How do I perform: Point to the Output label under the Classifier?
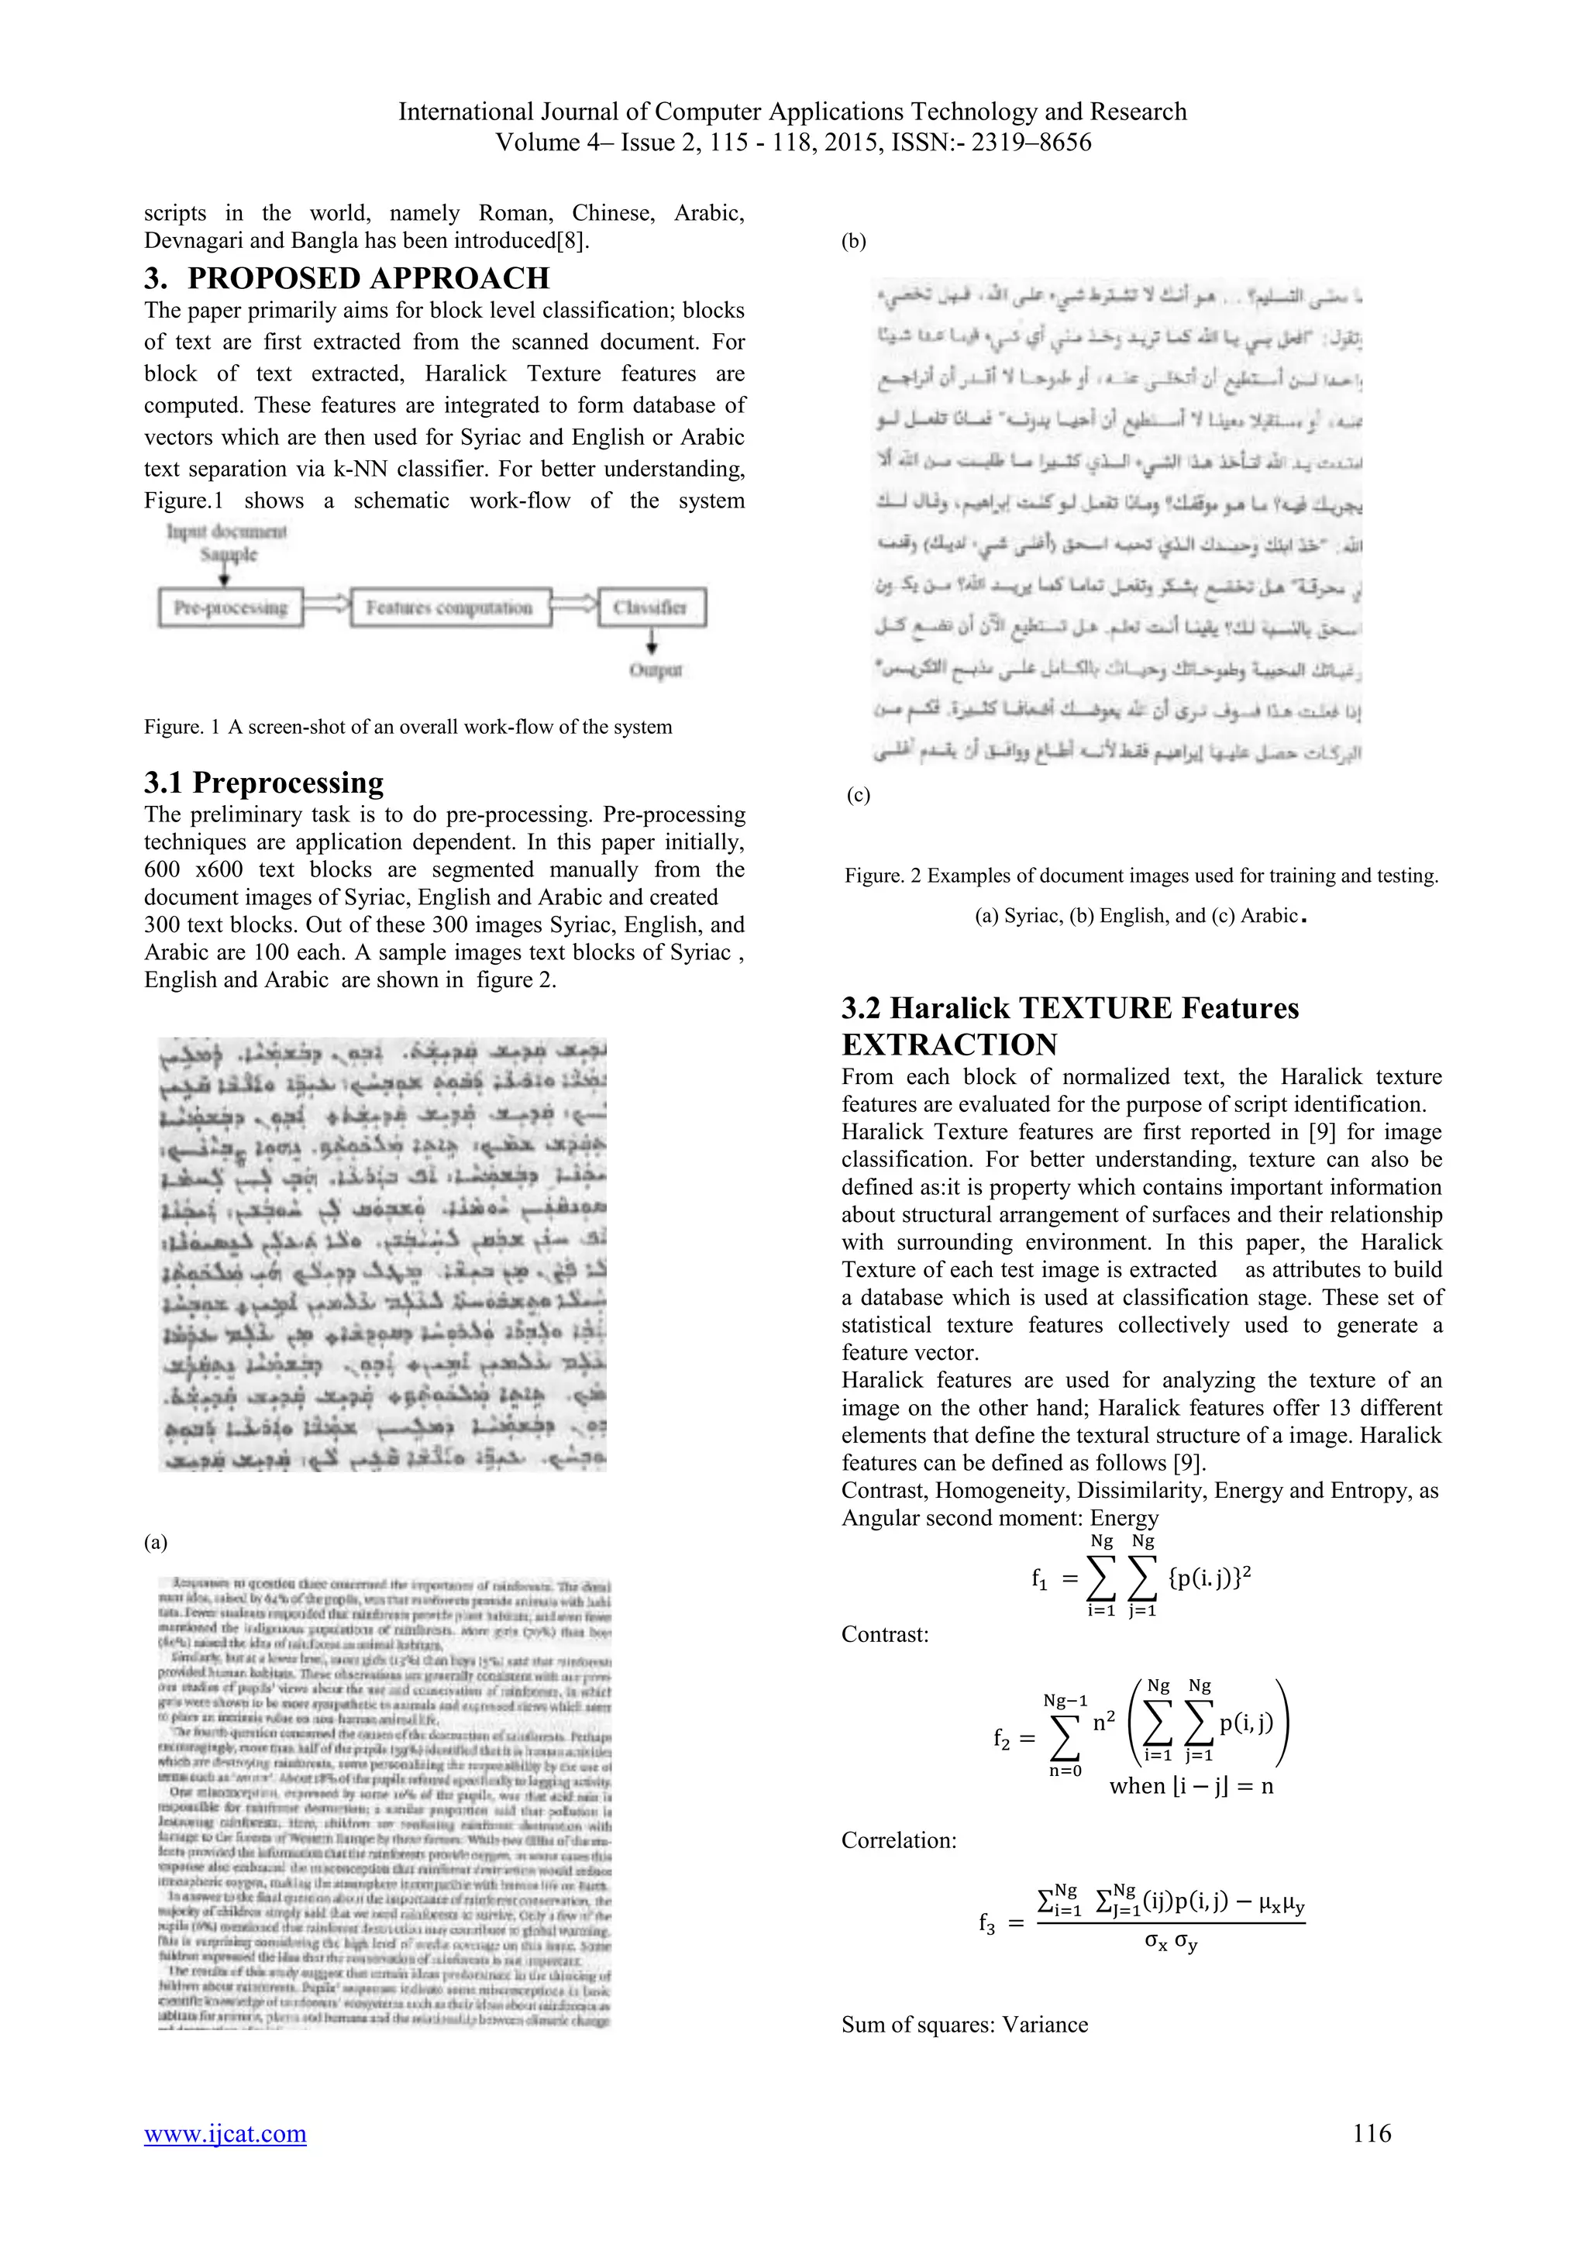coord(656,670)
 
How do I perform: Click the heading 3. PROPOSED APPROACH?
coord(347,278)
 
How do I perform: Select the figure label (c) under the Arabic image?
coord(858,794)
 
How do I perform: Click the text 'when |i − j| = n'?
coord(1191,1787)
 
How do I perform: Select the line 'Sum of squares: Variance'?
coord(965,2024)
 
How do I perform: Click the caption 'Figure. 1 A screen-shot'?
coord(408,726)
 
